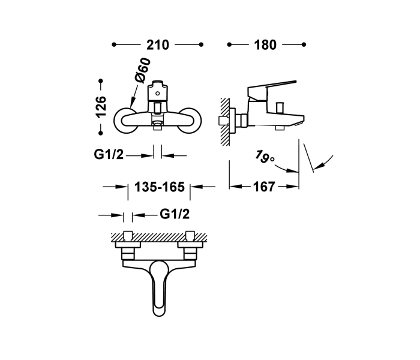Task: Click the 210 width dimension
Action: point(157,45)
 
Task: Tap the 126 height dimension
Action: point(101,106)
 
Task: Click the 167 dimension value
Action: point(264,187)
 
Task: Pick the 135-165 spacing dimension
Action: point(159,187)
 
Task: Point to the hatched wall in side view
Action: point(224,120)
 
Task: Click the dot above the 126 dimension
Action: point(101,80)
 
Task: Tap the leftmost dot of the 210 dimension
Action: point(114,45)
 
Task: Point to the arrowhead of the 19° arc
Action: point(316,169)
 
